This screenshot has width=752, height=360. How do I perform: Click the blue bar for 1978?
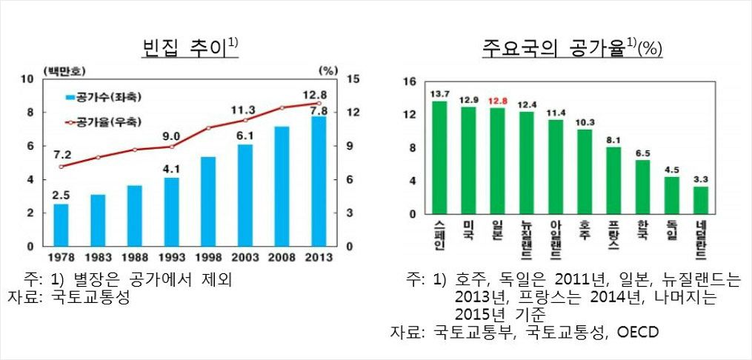point(61,224)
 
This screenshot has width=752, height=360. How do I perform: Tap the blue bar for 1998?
point(208,201)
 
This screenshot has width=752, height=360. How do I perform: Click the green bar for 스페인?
point(439,158)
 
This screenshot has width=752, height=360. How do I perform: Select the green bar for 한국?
point(642,187)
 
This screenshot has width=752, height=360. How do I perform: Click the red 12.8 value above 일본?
point(498,101)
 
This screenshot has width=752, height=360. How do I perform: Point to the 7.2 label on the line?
point(62,154)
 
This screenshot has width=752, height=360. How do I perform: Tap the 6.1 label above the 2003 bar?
point(244,136)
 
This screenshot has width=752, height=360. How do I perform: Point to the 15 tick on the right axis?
point(353,79)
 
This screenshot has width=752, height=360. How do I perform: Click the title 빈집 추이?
point(186,49)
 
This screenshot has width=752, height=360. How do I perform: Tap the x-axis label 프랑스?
point(613,233)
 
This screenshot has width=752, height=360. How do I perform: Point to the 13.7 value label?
point(439,93)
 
